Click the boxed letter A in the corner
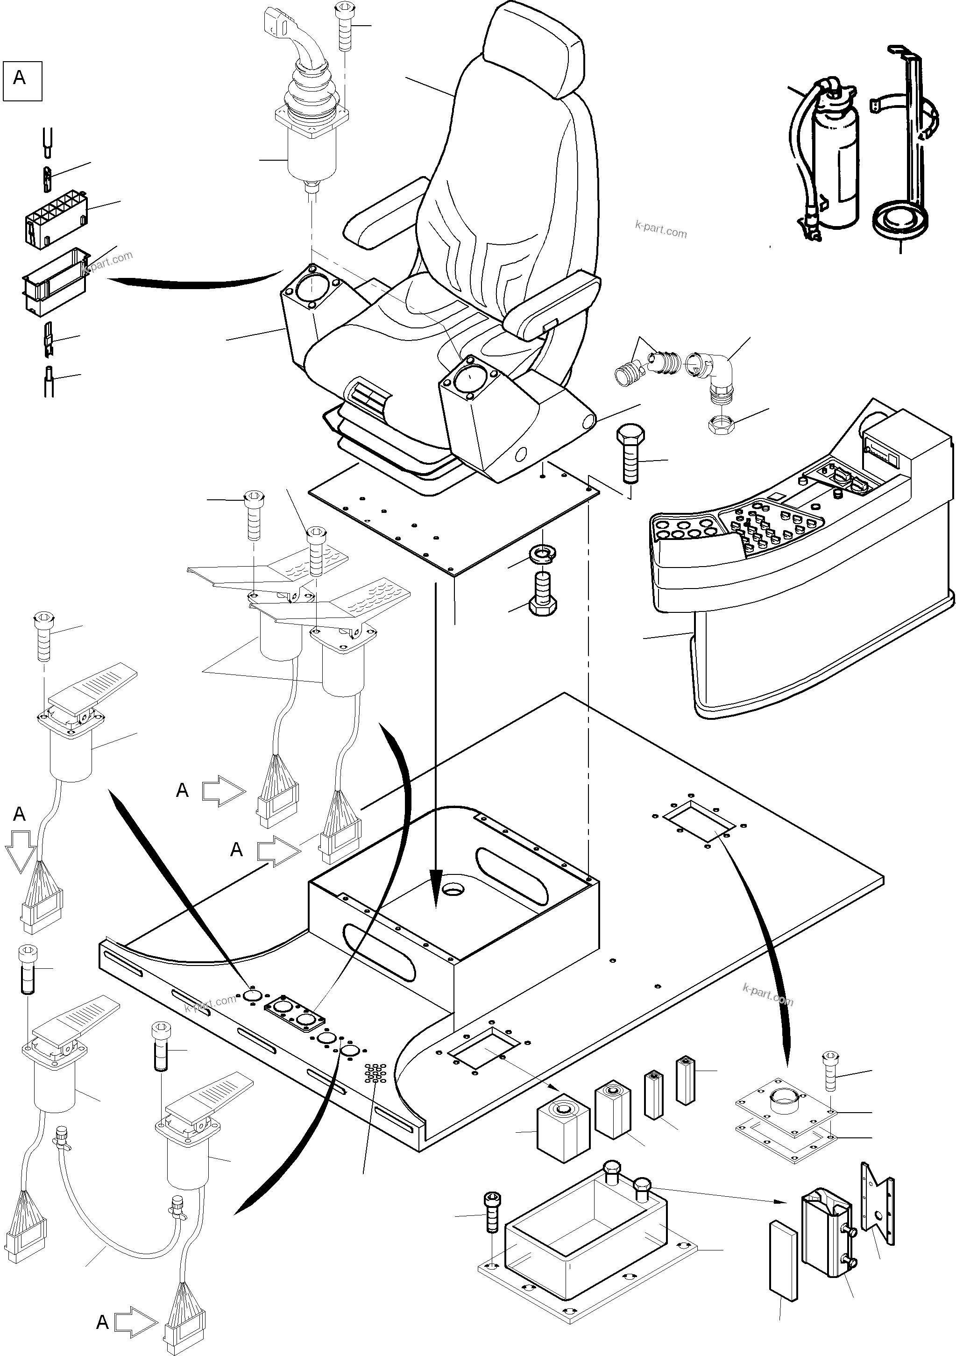tap(22, 81)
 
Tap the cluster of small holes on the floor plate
tap(375, 1072)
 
